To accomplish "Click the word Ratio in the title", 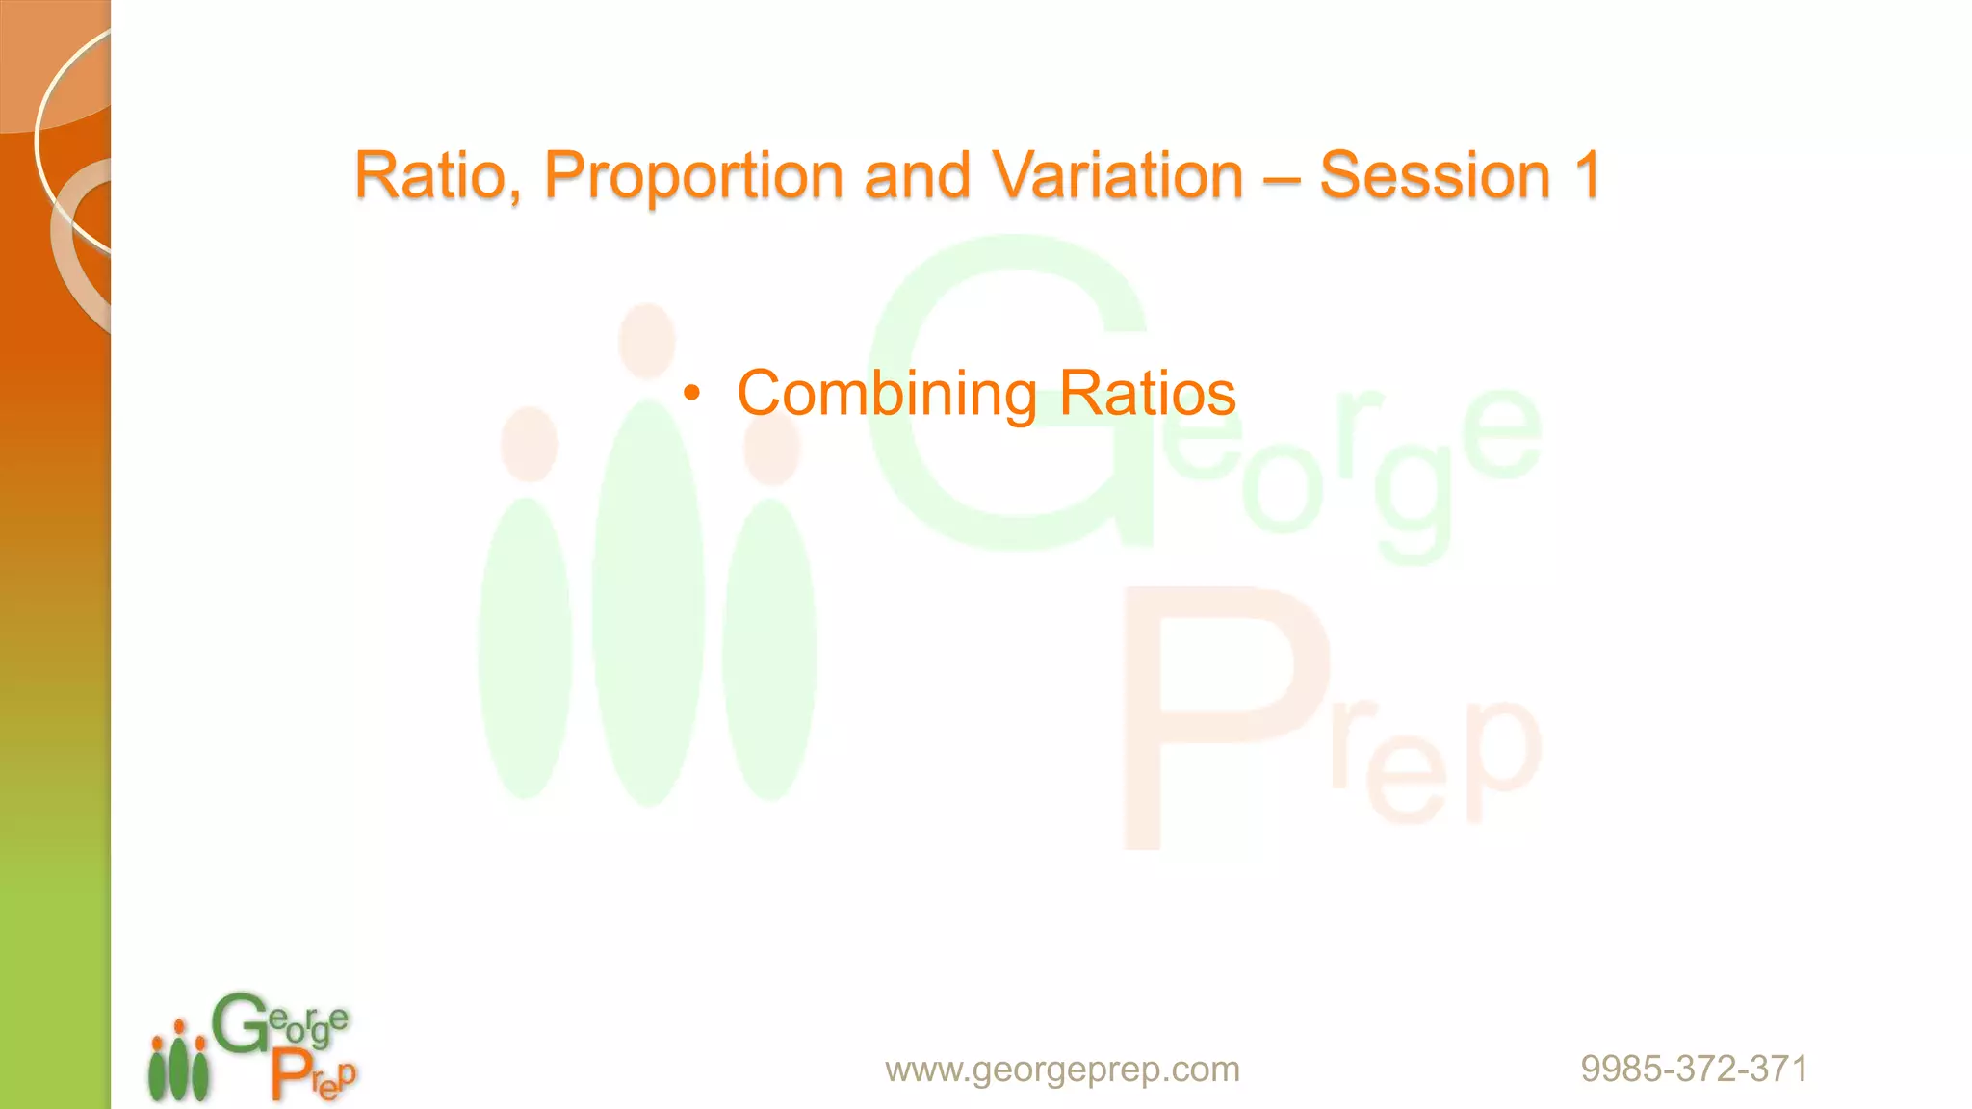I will [429, 175].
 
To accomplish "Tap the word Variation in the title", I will [1117, 175].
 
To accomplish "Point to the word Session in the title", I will [1434, 175].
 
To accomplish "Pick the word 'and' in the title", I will [917, 175].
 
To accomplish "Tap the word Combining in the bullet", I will [887, 393].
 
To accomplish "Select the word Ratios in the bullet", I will [1147, 393].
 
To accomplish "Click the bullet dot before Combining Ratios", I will [691, 393].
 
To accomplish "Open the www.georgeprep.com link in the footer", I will [1062, 1069].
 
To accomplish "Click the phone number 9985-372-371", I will [1694, 1069].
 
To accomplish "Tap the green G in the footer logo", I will [238, 1024].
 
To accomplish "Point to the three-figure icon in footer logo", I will [178, 1064].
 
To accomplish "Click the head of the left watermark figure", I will [530, 444].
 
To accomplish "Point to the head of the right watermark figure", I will [771, 448].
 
